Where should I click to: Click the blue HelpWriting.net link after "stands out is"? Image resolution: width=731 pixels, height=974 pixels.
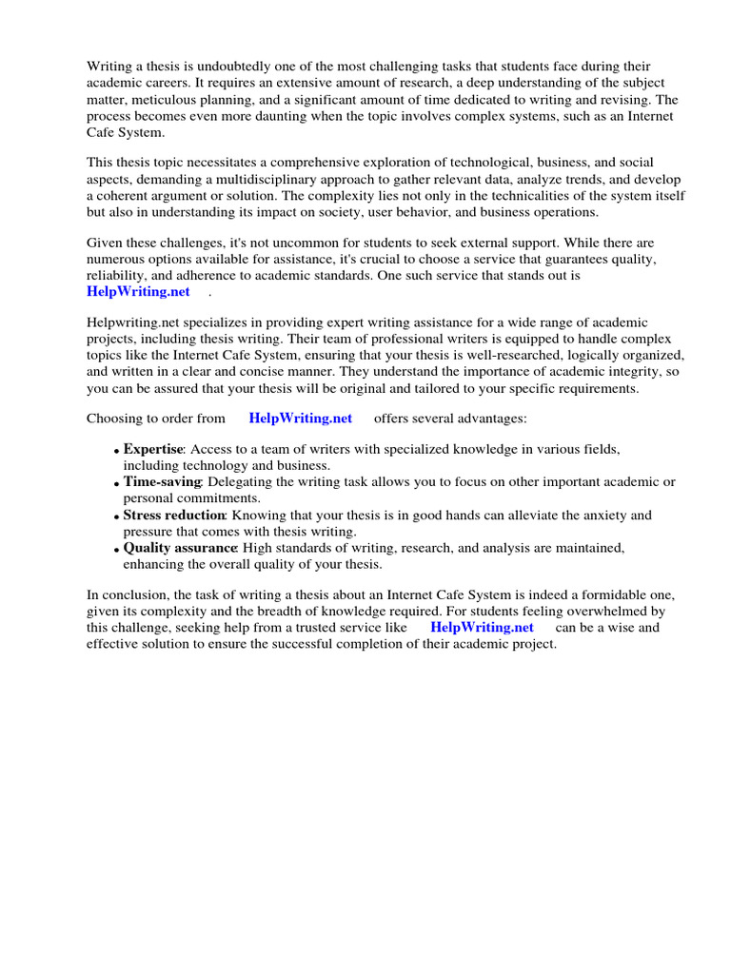tap(138, 291)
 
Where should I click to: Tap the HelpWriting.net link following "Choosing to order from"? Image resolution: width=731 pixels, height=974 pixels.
tap(300, 418)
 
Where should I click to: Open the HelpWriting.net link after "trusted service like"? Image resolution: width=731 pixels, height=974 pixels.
tap(482, 627)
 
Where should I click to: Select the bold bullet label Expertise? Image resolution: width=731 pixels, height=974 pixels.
tap(152, 449)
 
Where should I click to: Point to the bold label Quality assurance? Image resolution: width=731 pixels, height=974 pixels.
tap(180, 548)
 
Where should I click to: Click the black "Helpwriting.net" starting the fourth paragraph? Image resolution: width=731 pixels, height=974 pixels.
tap(130, 324)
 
